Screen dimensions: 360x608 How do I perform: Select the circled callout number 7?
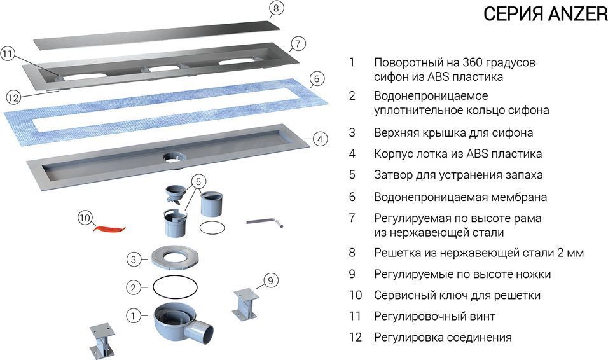point(297,45)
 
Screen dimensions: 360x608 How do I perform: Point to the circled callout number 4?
point(320,138)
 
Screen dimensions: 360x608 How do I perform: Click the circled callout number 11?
point(8,54)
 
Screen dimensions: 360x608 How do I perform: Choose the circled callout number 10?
point(85,218)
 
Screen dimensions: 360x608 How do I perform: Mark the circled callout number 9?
point(270,279)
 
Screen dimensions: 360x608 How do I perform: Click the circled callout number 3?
point(132,260)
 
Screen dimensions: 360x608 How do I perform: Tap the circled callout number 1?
point(133,314)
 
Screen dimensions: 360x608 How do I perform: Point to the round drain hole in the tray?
point(172,156)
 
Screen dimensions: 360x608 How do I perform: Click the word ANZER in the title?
point(577,14)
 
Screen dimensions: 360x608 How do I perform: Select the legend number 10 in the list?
point(355,295)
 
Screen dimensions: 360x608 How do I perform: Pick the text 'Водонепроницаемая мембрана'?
point(460,197)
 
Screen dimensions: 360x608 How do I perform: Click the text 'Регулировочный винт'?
point(434,316)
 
